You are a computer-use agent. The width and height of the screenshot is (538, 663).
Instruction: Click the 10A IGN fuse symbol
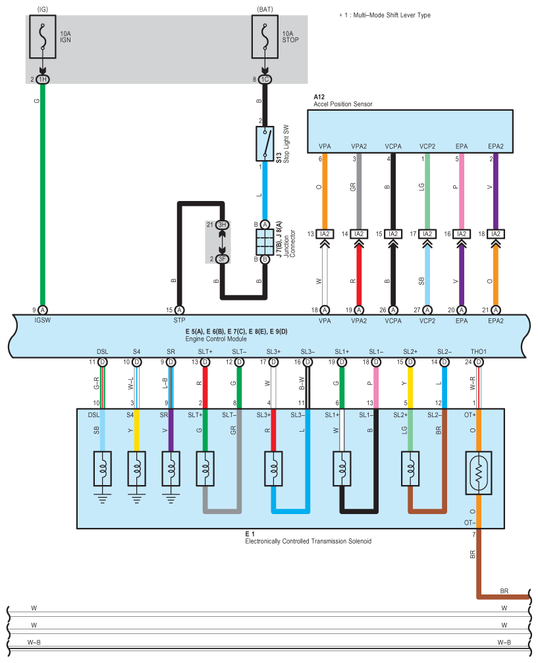click(x=42, y=37)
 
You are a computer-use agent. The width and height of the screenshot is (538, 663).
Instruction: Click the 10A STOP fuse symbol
click(x=265, y=37)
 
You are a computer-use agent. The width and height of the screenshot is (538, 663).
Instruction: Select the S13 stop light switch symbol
click(x=265, y=143)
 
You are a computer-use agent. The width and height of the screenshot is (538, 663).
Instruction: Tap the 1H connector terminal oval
click(x=43, y=80)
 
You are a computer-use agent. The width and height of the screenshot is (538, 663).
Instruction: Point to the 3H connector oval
click(x=223, y=225)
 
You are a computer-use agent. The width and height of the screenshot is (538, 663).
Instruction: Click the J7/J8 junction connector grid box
click(x=265, y=242)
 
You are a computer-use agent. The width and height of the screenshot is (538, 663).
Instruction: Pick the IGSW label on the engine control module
click(x=42, y=320)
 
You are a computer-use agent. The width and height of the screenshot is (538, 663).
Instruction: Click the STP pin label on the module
click(x=179, y=320)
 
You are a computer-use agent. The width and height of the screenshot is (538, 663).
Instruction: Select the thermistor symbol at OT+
click(x=479, y=473)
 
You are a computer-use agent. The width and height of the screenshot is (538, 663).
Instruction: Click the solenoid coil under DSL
click(x=102, y=469)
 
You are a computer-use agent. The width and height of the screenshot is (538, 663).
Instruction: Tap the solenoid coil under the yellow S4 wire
click(x=136, y=469)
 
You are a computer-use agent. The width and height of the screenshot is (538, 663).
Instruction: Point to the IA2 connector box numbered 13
click(x=325, y=234)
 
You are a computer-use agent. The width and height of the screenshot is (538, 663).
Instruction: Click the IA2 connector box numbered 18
click(x=496, y=234)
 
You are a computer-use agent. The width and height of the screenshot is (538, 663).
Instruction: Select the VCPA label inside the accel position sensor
click(x=393, y=146)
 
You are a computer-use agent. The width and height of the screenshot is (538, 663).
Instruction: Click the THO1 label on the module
click(x=479, y=352)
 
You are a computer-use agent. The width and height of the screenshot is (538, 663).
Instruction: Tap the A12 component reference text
click(x=319, y=97)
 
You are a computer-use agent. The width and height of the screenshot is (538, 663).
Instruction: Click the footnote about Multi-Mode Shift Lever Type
click(x=385, y=15)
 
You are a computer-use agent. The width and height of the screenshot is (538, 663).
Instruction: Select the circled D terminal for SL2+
click(x=410, y=362)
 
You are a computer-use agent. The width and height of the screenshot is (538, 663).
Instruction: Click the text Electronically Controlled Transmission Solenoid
click(x=308, y=541)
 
